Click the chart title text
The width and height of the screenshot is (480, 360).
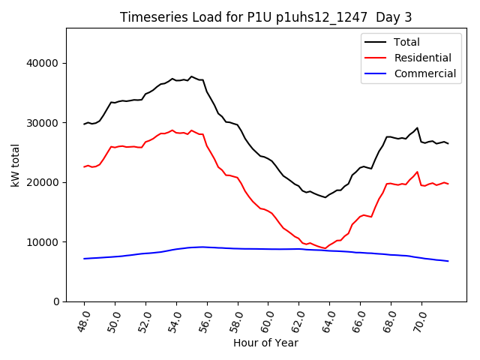266,17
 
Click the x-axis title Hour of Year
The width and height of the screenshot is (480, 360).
266,343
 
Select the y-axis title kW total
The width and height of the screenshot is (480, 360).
15,165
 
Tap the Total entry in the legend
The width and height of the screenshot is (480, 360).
406,42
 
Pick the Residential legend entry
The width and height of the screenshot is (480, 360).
422,58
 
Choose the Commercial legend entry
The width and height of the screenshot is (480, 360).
424,73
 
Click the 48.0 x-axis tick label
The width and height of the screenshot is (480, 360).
83,319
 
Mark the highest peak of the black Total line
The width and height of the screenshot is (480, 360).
191,76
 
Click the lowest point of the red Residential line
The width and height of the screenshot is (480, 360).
325,248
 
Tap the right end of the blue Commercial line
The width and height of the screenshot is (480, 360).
448,261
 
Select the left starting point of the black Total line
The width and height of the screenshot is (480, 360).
84,124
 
